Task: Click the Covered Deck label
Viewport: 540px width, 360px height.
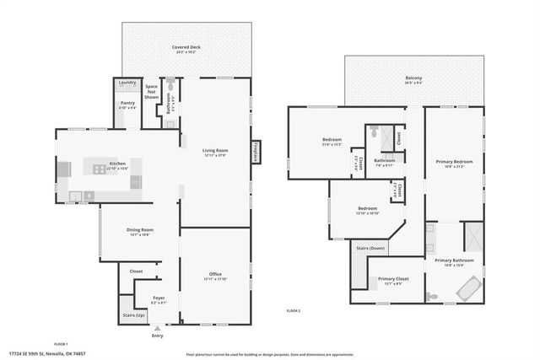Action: (x=186, y=48)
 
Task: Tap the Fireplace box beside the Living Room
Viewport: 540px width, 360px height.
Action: (x=255, y=151)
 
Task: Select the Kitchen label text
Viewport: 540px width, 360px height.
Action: (x=118, y=164)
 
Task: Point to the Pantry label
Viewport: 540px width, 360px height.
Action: (x=127, y=104)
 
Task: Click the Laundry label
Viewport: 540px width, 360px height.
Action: (x=127, y=83)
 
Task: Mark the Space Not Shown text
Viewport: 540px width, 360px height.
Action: (x=152, y=91)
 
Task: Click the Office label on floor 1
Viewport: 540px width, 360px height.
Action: (x=215, y=273)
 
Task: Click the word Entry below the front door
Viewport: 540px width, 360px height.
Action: (x=157, y=336)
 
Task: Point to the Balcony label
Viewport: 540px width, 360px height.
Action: (x=413, y=78)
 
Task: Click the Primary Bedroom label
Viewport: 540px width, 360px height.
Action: (x=454, y=161)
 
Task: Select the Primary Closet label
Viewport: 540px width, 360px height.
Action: (x=393, y=279)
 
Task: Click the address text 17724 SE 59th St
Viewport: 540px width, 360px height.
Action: (x=35, y=354)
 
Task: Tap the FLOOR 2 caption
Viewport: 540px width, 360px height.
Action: (x=294, y=311)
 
